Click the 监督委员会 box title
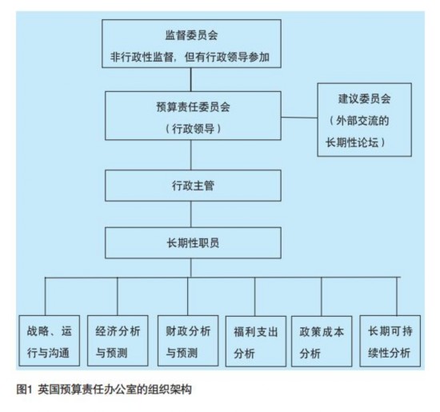pos(191,35)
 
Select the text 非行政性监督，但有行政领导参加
pos(190,57)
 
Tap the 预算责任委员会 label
pos(193,107)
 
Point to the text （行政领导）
pos(193,129)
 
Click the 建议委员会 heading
pos(364,98)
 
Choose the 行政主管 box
pos(193,186)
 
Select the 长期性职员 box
pos(193,242)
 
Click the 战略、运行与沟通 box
pos(50,341)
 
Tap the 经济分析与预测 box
pos(118,341)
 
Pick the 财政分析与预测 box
pos(188,341)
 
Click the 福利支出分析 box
pos(256,342)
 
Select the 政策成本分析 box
pos(322,342)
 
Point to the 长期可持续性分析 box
pos(390,341)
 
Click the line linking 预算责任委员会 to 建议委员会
pos(299,118)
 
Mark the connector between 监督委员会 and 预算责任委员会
pos(191,79)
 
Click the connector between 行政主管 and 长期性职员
pos(191,214)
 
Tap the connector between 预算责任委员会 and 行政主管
pos(191,155)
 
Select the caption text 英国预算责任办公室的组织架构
pos(114,390)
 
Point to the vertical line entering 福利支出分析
pos(255,297)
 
